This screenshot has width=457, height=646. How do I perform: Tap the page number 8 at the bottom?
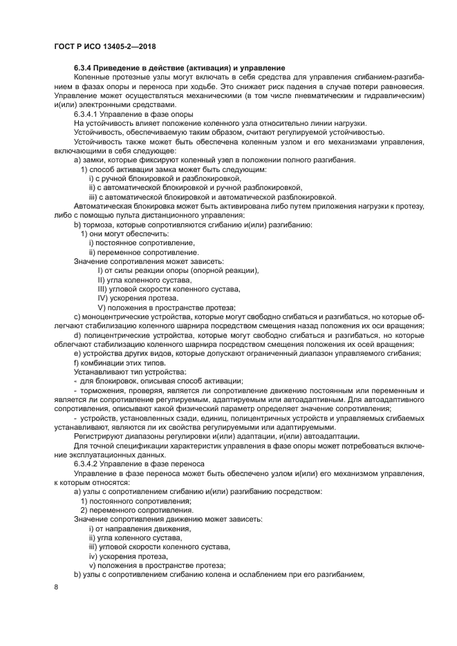[x=56, y=587]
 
